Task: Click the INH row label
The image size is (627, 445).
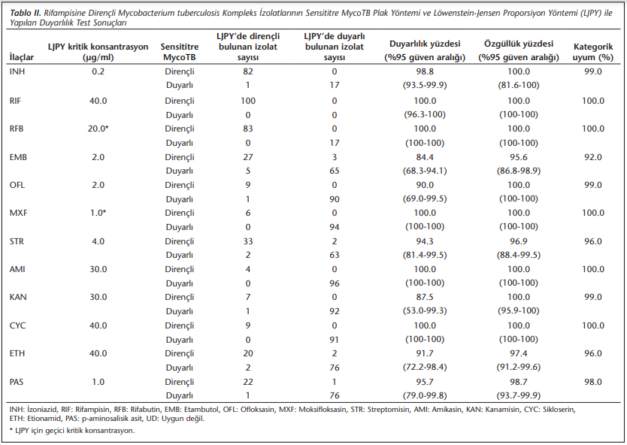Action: (x=17, y=71)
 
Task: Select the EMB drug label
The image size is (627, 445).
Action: (x=18, y=157)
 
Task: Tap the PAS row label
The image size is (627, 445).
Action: (x=17, y=382)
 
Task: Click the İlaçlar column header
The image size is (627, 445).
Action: (x=22, y=58)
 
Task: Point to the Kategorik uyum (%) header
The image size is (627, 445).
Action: (x=592, y=52)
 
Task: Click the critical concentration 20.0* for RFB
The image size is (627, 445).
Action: (x=98, y=129)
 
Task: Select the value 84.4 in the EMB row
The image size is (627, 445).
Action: (x=425, y=157)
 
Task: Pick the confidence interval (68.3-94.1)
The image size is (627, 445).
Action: (x=425, y=171)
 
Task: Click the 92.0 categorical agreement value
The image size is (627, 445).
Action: (x=592, y=157)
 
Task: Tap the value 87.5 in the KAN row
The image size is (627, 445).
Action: (x=425, y=297)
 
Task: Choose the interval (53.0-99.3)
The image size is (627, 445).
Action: (x=425, y=311)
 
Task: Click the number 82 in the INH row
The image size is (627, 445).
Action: (x=248, y=71)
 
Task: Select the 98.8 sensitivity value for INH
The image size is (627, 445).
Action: (x=425, y=71)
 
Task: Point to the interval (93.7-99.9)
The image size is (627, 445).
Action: (x=519, y=396)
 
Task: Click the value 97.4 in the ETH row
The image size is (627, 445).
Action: (x=519, y=353)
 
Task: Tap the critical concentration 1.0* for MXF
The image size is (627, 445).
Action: (x=98, y=213)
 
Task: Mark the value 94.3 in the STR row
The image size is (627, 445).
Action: (x=425, y=241)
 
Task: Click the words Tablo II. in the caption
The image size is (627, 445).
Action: (x=26, y=14)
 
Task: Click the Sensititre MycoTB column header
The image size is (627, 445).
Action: (x=180, y=52)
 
